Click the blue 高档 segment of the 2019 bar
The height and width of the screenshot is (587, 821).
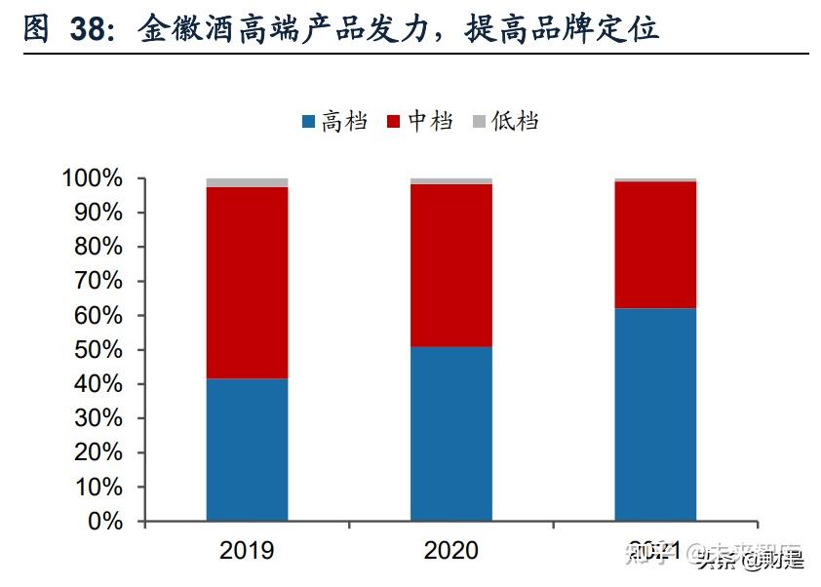pos(247,450)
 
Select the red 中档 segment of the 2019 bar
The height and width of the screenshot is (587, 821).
pos(247,283)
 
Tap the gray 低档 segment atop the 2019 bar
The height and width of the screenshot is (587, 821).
pos(247,182)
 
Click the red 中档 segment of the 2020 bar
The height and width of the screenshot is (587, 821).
pos(450,265)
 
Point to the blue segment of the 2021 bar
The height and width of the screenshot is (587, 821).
pos(654,414)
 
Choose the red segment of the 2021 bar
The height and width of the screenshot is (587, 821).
pos(654,245)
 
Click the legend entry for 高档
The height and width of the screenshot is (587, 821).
pos(334,122)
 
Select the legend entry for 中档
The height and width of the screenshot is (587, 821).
pos(419,122)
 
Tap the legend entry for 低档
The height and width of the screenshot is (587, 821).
pos(505,122)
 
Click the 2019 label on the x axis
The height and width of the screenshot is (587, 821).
pos(247,551)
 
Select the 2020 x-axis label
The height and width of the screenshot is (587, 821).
pos(450,551)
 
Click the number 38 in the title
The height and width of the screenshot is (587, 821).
pos(91,28)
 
